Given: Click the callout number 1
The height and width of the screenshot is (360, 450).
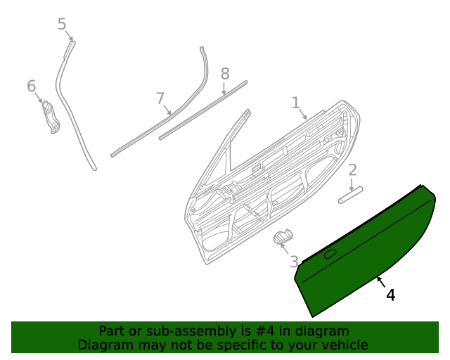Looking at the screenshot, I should [x=296, y=103].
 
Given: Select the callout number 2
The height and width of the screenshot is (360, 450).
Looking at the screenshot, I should [x=352, y=169].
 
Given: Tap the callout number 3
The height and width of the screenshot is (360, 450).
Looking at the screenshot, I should [x=294, y=262].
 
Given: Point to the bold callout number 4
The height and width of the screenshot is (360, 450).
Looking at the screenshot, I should [x=390, y=295].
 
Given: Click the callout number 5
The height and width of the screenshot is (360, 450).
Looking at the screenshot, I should [x=62, y=25].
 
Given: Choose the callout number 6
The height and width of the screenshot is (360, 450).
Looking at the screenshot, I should [x=31, y=86].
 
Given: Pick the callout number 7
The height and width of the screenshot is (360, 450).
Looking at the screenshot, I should [x=160, y=98].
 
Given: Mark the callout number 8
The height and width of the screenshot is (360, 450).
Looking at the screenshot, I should [x=225, y=74].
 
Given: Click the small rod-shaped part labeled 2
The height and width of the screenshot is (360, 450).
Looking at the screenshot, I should [x=349, y=194].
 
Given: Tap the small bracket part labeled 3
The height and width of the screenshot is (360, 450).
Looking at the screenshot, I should [x=283, y=236].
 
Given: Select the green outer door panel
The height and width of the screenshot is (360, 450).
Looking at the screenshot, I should [x=366, y=246].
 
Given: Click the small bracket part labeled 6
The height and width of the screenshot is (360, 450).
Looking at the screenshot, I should [x=50, y=117].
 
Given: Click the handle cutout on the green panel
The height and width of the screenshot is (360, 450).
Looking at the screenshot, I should [x=330, y=254].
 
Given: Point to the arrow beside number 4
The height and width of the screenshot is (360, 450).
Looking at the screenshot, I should [x=380, y=283].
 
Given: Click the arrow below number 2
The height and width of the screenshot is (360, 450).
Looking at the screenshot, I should [x=352, y=182].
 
